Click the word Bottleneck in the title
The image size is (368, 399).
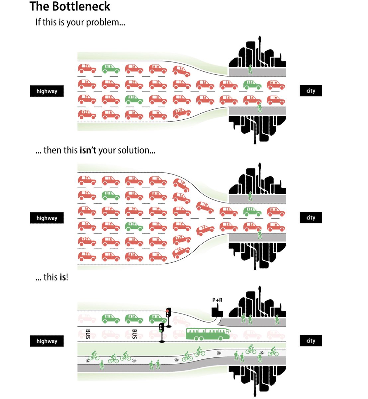pos(81,6)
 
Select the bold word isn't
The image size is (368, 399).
pos(88,150)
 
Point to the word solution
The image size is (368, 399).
pos(137,150)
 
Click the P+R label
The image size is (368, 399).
pos(217,300)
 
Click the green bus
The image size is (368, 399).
pos(208,334)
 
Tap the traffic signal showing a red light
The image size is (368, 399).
pos(168,317)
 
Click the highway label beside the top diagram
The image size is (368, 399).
pos(47,91)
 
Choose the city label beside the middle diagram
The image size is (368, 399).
pos(311,217)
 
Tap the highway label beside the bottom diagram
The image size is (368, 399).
pos(47,341)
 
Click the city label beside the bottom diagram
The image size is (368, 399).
pos(311,340)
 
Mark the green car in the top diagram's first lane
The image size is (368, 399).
pos(111,69)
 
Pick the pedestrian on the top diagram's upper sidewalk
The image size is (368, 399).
pos(250,69)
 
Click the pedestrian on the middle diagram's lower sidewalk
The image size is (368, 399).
pos(260,234)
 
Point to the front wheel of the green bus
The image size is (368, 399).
pos(221,338)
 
